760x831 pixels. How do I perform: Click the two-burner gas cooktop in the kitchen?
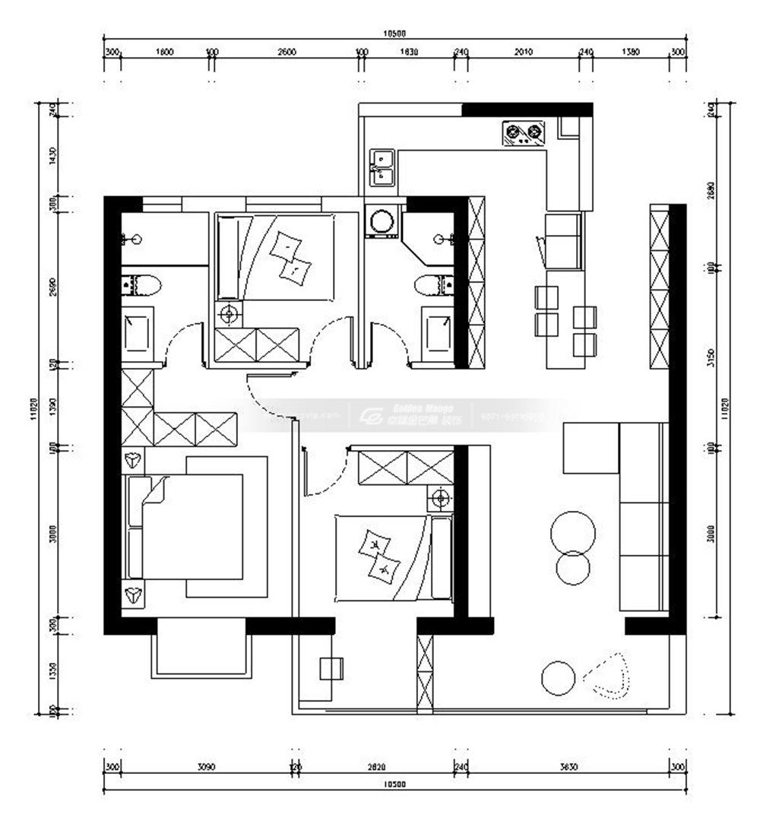(x=524, y=135)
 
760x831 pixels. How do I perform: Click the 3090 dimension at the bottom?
(x=206, y=767)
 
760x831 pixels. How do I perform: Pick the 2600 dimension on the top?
(x=287, y=52)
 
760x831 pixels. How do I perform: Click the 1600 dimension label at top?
(x=164, y=52)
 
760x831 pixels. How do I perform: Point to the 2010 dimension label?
(x=523, y=52)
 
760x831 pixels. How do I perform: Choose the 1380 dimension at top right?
(x=631, y=52)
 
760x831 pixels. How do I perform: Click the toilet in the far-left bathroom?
(x=142, y=285)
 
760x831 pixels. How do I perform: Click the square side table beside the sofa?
(x=591, y=449)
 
